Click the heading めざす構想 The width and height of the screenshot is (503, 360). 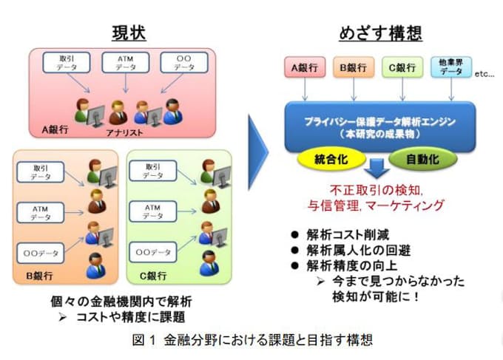[x=380, y=33]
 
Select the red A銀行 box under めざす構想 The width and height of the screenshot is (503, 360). [x=304, y=69]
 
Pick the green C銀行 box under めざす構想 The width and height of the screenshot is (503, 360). [x=403, y=69]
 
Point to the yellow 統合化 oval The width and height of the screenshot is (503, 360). [x=331, y=159]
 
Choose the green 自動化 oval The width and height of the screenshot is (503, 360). [x=425, y=159]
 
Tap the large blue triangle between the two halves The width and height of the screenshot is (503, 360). [x=257, y=152]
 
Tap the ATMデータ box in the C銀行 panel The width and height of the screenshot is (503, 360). [x=152, y=212]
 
